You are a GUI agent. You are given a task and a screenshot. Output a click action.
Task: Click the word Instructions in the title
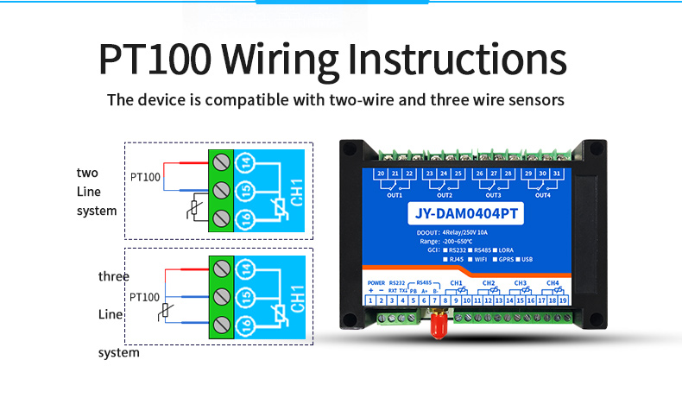tap(457, 60)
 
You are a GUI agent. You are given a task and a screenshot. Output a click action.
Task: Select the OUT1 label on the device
tap(395, 195)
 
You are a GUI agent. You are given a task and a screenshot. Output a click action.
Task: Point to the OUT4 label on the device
tap(541, 195)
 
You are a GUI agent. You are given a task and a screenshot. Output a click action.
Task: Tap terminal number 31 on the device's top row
tap(556, 174)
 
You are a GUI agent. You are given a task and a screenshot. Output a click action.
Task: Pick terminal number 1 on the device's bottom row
tap(370, 300)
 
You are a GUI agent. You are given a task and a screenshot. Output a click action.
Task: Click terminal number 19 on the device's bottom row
tap(562, 300)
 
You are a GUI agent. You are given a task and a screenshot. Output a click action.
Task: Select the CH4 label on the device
tap(553, 282)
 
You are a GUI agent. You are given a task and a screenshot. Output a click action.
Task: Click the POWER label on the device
tap(376, 282)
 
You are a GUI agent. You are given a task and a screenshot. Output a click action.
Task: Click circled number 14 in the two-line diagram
tap(245, 161)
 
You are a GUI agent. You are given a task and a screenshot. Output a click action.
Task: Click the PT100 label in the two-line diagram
tap(145, 177)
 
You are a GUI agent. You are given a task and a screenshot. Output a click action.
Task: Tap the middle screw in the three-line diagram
tap(222, 299)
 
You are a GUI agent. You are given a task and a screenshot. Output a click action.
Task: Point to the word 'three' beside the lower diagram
tap(113, 276)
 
